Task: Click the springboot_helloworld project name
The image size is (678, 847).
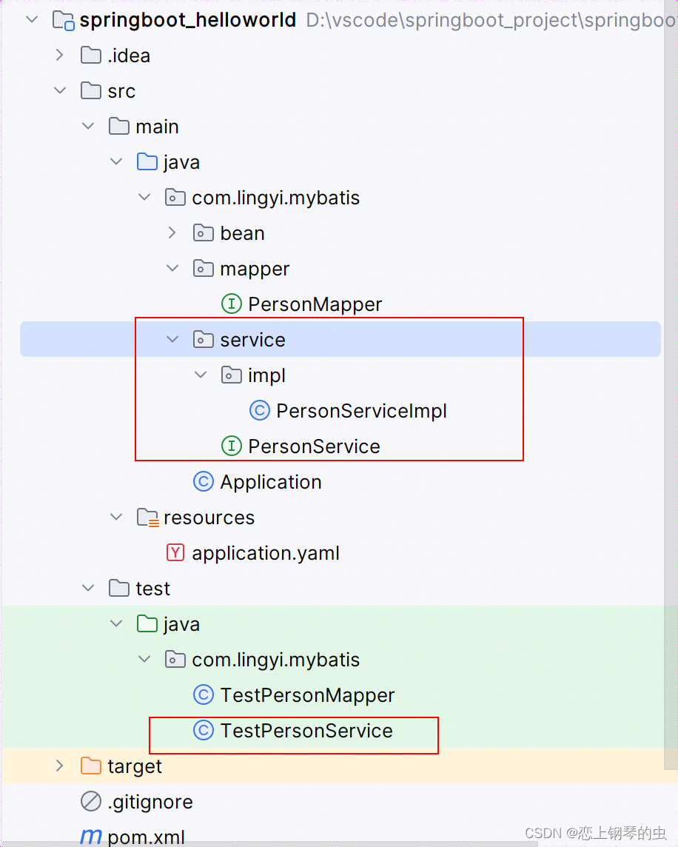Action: (x=187, y=20)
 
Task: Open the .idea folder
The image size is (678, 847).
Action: (x=129, y=56)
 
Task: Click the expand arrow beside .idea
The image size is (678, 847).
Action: (x=60, y=56)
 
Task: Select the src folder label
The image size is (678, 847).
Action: (x=121, y=91)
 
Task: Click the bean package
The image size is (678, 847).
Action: (x=242, y=233)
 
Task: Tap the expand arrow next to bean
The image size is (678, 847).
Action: (x=172, y=233)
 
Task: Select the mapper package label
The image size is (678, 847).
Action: (x=255, y=269)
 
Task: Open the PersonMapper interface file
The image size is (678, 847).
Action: (x=315, y=304)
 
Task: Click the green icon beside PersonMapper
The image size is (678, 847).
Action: (x=232, y=304)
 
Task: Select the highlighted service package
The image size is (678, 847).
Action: (x=252, y=340)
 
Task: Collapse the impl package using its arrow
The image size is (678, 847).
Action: (x=201, y=375)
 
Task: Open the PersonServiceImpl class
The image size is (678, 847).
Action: (x=361, y=411)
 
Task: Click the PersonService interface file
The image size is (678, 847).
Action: (x=314, y=446)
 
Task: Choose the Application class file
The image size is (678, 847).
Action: (x=271, y=482)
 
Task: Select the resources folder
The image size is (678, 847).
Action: (x=209, y=518)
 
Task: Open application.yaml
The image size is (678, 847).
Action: (x=266, y=553)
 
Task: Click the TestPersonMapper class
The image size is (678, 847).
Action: (x=307, y=695)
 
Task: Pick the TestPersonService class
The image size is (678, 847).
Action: (x=306, y=731)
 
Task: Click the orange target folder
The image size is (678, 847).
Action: (x=134, y=766)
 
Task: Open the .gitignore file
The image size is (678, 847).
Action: (x=150, y=802)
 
